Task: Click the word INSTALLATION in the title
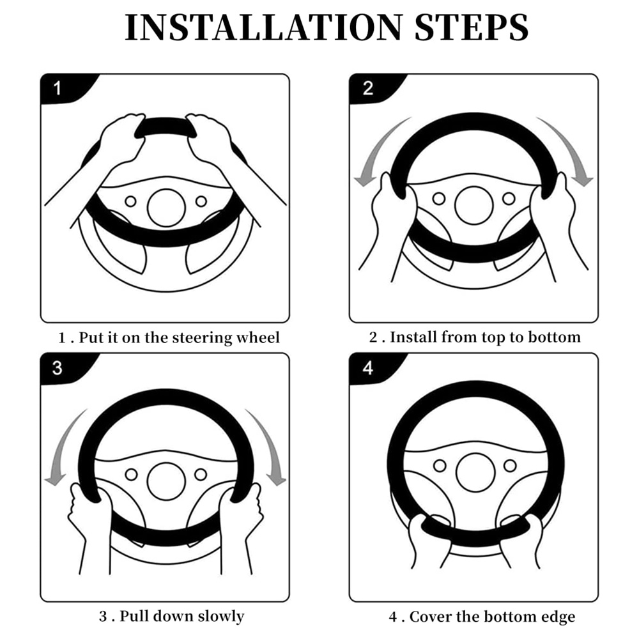click(264, 27)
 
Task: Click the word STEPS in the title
click(472, 27)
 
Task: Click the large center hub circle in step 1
click(166, 208)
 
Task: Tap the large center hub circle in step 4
click(475, 473)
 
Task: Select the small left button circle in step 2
click(439, 199)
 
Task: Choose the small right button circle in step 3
click(201, 474)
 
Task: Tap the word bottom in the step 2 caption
click(554, 337)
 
